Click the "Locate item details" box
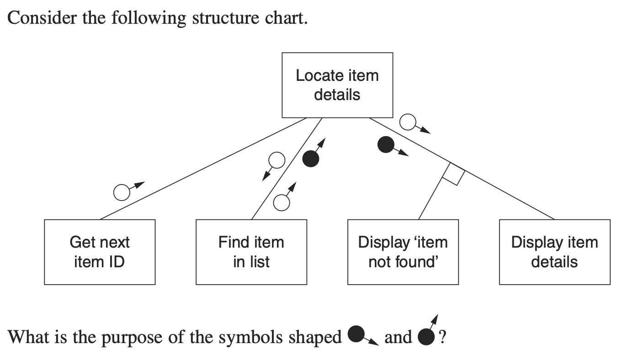337,85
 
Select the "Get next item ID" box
99,252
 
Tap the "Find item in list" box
251,252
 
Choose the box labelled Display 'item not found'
403,252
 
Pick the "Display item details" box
554,252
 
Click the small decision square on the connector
453,174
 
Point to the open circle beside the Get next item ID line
122,193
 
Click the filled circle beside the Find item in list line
311,159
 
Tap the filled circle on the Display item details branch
386,145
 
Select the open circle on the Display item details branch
408,122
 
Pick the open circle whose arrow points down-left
277,160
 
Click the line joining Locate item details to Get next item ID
201,169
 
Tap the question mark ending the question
442,337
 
